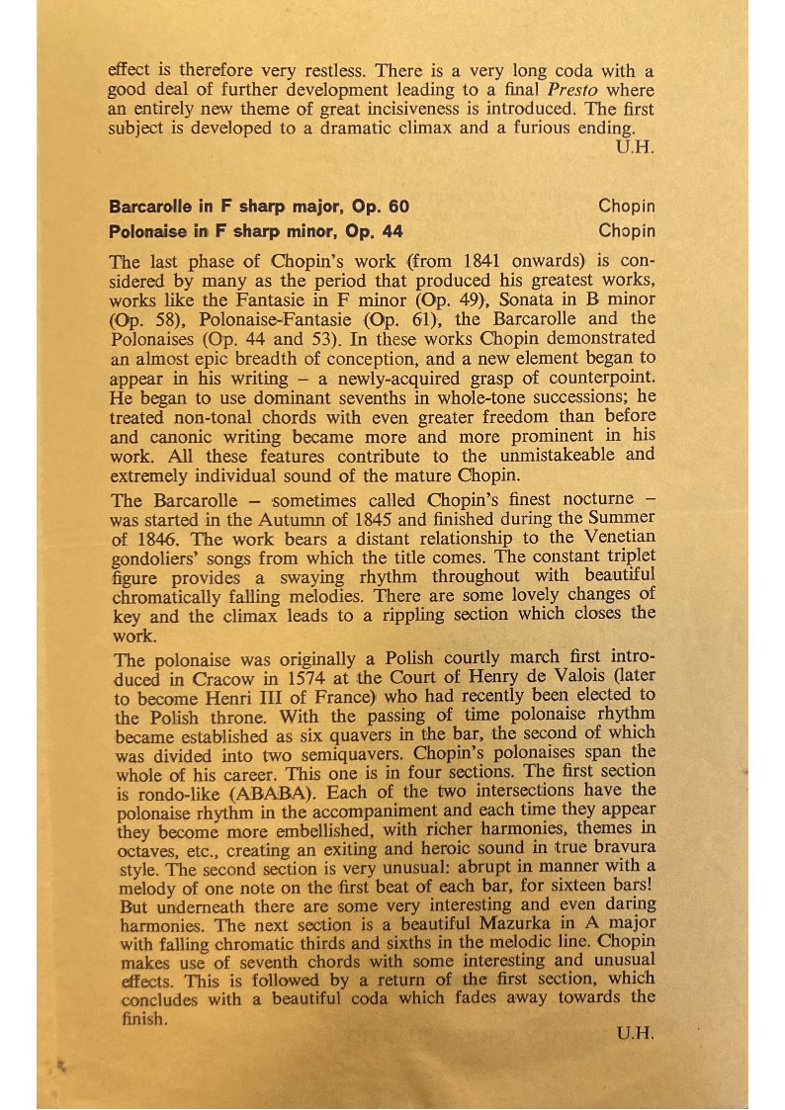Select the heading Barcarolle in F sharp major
pyautogui.click(x=259, y=208)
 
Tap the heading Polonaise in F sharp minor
pyautogui.click(x=256, y=231)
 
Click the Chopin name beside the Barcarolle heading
pyautogui.click(x=627, y=208)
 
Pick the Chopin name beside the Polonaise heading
pyautogui.click(x=627, y=231)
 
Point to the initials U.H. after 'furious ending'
pyautogui.click(x=633, y=148)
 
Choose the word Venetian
pyautogui.click(x=617, y=537)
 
